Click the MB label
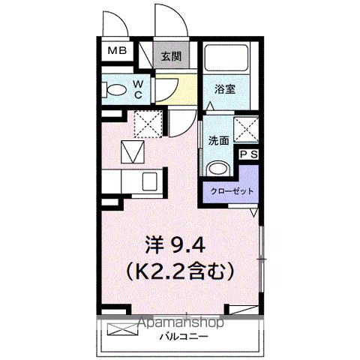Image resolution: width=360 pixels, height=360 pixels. tap(117, 51)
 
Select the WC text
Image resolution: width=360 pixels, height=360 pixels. tap(139, 89)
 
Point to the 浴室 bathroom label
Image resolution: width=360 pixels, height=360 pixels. tap(225, 88)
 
